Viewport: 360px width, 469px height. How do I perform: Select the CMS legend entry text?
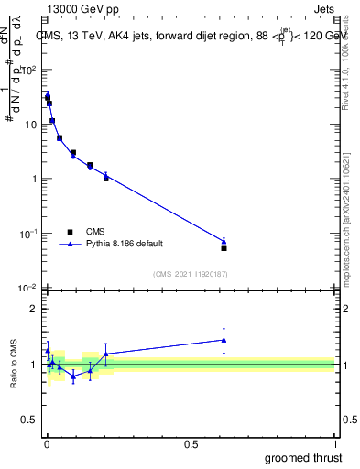click(x=95, y=232)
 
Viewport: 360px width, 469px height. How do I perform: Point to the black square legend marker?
click(x=70, y=232)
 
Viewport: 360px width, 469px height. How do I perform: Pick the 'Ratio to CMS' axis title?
click(x=16, y=364)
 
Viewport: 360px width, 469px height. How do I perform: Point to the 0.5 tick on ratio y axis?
click(x=29, y=420)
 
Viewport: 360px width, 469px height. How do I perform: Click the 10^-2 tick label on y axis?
click(x=27, y=289)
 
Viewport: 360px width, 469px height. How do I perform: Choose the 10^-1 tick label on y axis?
click(x=27, y=234)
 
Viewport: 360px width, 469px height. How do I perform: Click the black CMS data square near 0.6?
click(x=224, y=248)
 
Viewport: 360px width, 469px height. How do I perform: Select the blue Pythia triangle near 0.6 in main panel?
click(x=224, y=242)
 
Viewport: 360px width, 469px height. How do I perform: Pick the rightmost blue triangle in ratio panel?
click(x=224, y=340)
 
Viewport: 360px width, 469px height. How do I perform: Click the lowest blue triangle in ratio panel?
click(x=73, y=376)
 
